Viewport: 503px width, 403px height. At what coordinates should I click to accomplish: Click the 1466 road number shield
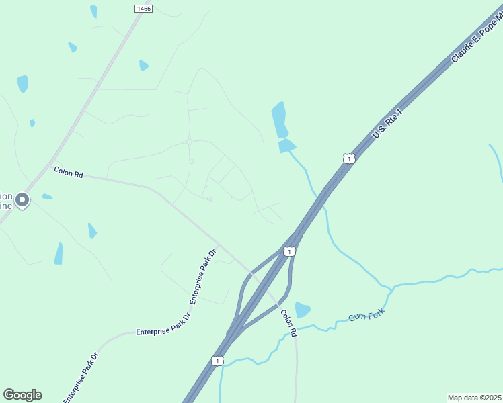(x=143, y=8)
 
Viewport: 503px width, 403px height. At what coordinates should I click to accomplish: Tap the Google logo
(x=22, y=395)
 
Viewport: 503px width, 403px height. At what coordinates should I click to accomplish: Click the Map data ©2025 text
(x=474, y=397)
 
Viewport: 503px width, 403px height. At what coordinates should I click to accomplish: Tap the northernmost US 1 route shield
(x=348, y=159)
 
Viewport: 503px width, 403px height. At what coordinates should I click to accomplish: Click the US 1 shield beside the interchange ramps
(x=288, y=251)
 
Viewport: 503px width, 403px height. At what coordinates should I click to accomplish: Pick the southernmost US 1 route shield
(x=217, y=361)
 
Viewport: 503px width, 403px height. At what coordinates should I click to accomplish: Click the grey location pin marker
(x=22, y=200)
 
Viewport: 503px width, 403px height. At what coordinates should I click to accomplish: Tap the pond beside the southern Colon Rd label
(x=303, y=309)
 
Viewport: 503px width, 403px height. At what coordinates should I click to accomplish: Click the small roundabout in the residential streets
(x=190, y=141)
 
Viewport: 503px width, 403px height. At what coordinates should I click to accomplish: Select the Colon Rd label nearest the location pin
(x=68, y=173)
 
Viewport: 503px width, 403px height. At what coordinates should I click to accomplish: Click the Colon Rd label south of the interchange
(x=288, y=322)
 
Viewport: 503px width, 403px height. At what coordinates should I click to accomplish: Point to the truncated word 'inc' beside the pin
(x=6, y=206)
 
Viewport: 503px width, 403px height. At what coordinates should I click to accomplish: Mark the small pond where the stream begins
(x=287, y=146)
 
